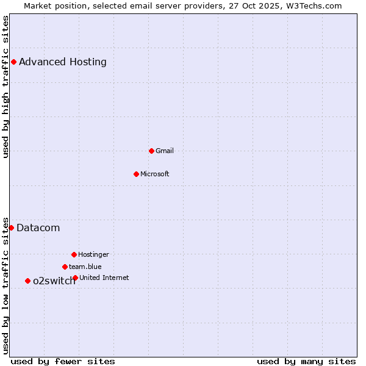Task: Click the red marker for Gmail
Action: tap(151, 151)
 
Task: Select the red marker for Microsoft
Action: tap(136, 174)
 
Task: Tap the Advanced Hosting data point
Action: tap(13, 62)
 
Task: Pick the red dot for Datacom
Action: tap(11, 228)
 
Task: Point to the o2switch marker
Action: tap(27, 281)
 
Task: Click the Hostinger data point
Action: tap(74, 254)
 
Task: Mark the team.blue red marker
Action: tap(65, 267)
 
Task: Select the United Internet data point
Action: tap(75, 278)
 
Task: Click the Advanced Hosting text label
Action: tap(63, 62)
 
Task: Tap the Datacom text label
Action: tap(38, 228)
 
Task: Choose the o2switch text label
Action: tap(54, 281)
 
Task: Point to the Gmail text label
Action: tap(165, 151)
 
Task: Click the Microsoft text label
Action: tap(155, 174)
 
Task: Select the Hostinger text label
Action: tap(93, 254)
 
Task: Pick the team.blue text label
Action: tap(85, 267)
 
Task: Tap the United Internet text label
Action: tap(104, 278)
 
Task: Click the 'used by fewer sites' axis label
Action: tap(63, 361)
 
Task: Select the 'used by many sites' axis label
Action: tap(306, 361)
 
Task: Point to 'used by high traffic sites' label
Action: tap(5, 87)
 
